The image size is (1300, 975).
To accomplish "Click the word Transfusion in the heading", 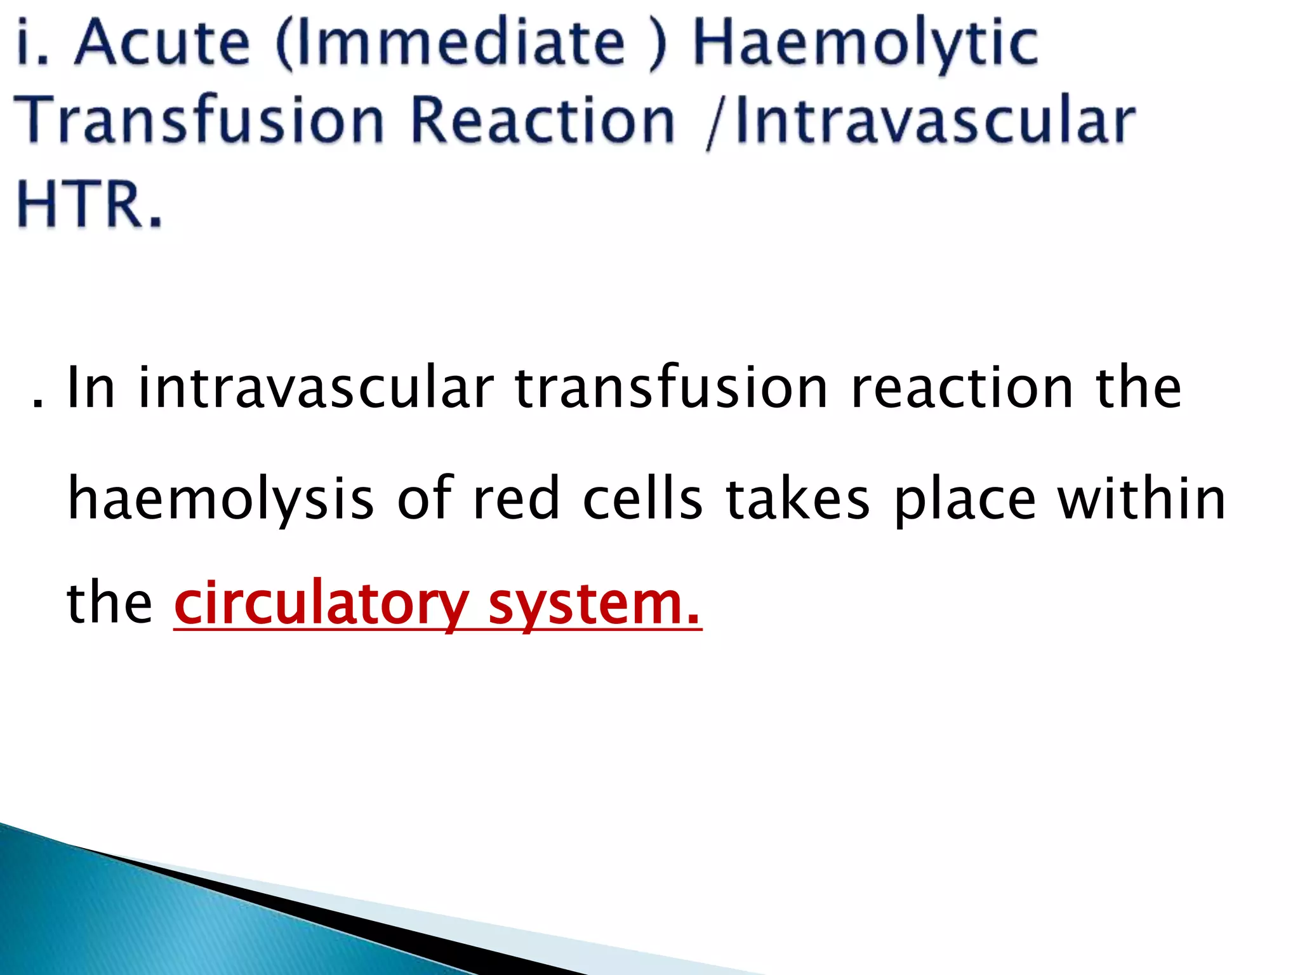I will [x=199, y=121].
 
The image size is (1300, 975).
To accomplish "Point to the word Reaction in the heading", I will [x=543, y=121].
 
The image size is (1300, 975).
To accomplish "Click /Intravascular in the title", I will [x=920, y=121].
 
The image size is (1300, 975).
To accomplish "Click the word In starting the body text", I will [x=91, y=388].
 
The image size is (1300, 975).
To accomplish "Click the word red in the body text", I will [x=516, y=499].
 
